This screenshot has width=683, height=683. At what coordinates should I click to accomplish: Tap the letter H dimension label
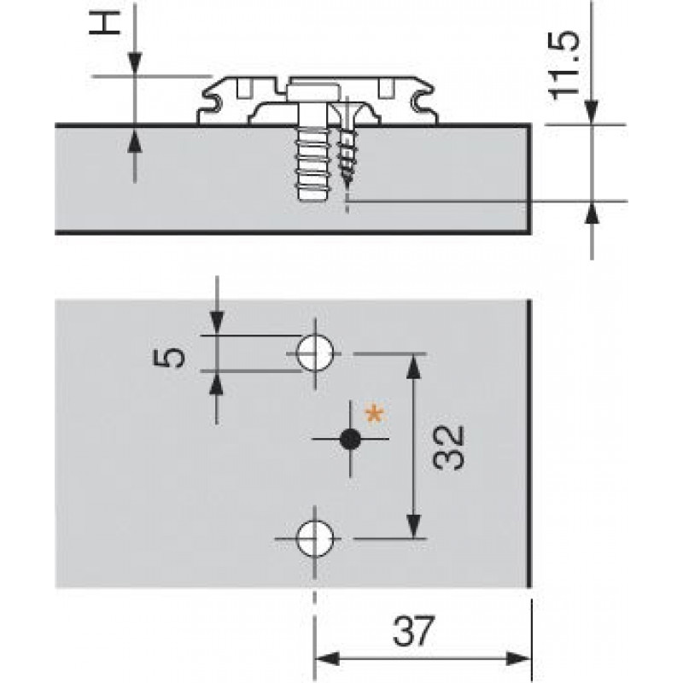tap(106, 26)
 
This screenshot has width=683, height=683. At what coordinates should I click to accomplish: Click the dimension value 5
tap(173, 353)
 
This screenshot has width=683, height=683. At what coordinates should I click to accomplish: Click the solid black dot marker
tap(348, 440)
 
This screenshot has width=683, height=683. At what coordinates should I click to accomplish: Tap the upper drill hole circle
tap(314, 351)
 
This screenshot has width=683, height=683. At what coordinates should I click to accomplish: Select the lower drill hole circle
tap(314, 539)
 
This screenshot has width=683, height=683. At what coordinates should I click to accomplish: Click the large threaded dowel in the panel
tap(310, 162)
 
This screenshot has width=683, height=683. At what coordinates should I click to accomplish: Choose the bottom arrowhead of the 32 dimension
tap(414, 527)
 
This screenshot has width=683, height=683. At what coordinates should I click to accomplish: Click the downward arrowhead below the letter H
tap(134, 65)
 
